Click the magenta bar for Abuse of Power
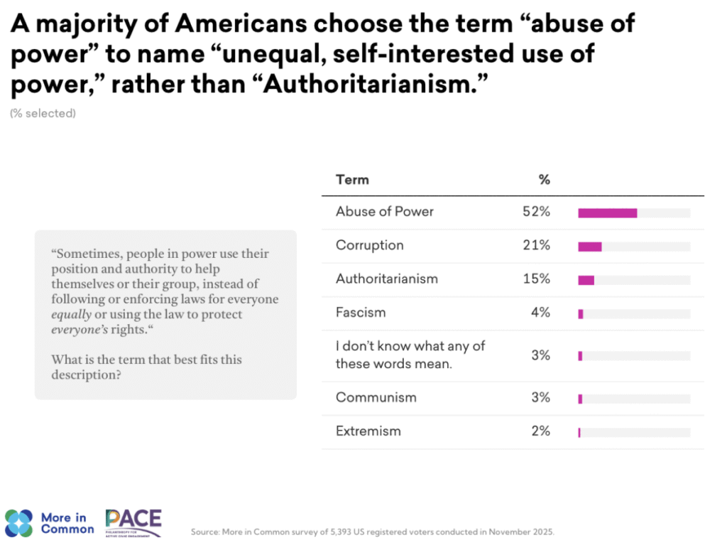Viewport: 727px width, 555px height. coord(607,212)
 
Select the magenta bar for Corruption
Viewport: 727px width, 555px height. coord(590,247)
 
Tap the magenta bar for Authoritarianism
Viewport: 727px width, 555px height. coord(586,280)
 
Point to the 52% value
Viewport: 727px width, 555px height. coord(535,212)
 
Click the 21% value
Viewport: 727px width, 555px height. coord(535,245)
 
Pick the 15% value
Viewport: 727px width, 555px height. coord(535,279)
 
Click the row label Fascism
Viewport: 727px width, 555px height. coord(361,312)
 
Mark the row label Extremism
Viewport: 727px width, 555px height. coord(368,431)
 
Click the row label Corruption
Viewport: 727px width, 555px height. coord(369,245)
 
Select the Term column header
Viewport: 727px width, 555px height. coord(352,180)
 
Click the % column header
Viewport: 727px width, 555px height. coord(545,180)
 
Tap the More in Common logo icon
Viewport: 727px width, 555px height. coord(18,524)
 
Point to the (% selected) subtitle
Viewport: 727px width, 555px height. coord(43,113)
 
